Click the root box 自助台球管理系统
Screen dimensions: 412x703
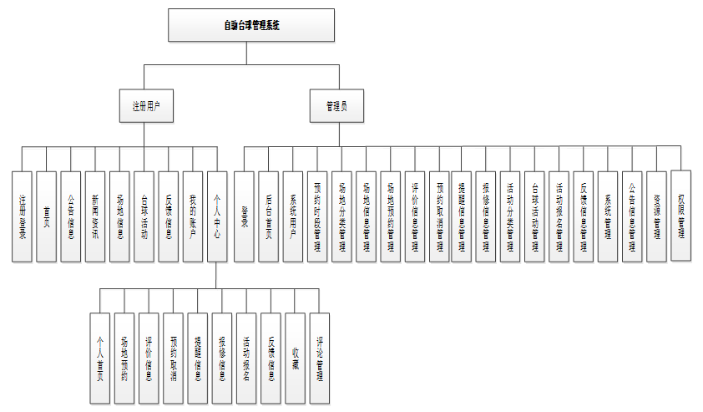[250, 25]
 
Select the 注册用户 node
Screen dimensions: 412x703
[145, 106]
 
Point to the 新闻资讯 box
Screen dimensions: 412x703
[96, 216]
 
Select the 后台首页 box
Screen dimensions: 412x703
[268, 216]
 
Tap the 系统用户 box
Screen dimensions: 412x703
[292, 216]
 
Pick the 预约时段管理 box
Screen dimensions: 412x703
[317, 216]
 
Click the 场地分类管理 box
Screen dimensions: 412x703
[341, 216]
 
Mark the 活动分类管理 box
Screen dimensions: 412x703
[511, 216]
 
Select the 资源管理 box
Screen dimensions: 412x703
[657, 216]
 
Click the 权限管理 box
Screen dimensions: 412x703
[681, 215]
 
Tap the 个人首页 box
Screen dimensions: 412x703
[100, 359]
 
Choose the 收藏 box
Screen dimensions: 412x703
[296, 359]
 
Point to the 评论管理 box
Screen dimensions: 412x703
[320, 359]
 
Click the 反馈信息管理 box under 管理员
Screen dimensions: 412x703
[584, 216]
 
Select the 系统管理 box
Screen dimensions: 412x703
[608, 216]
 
